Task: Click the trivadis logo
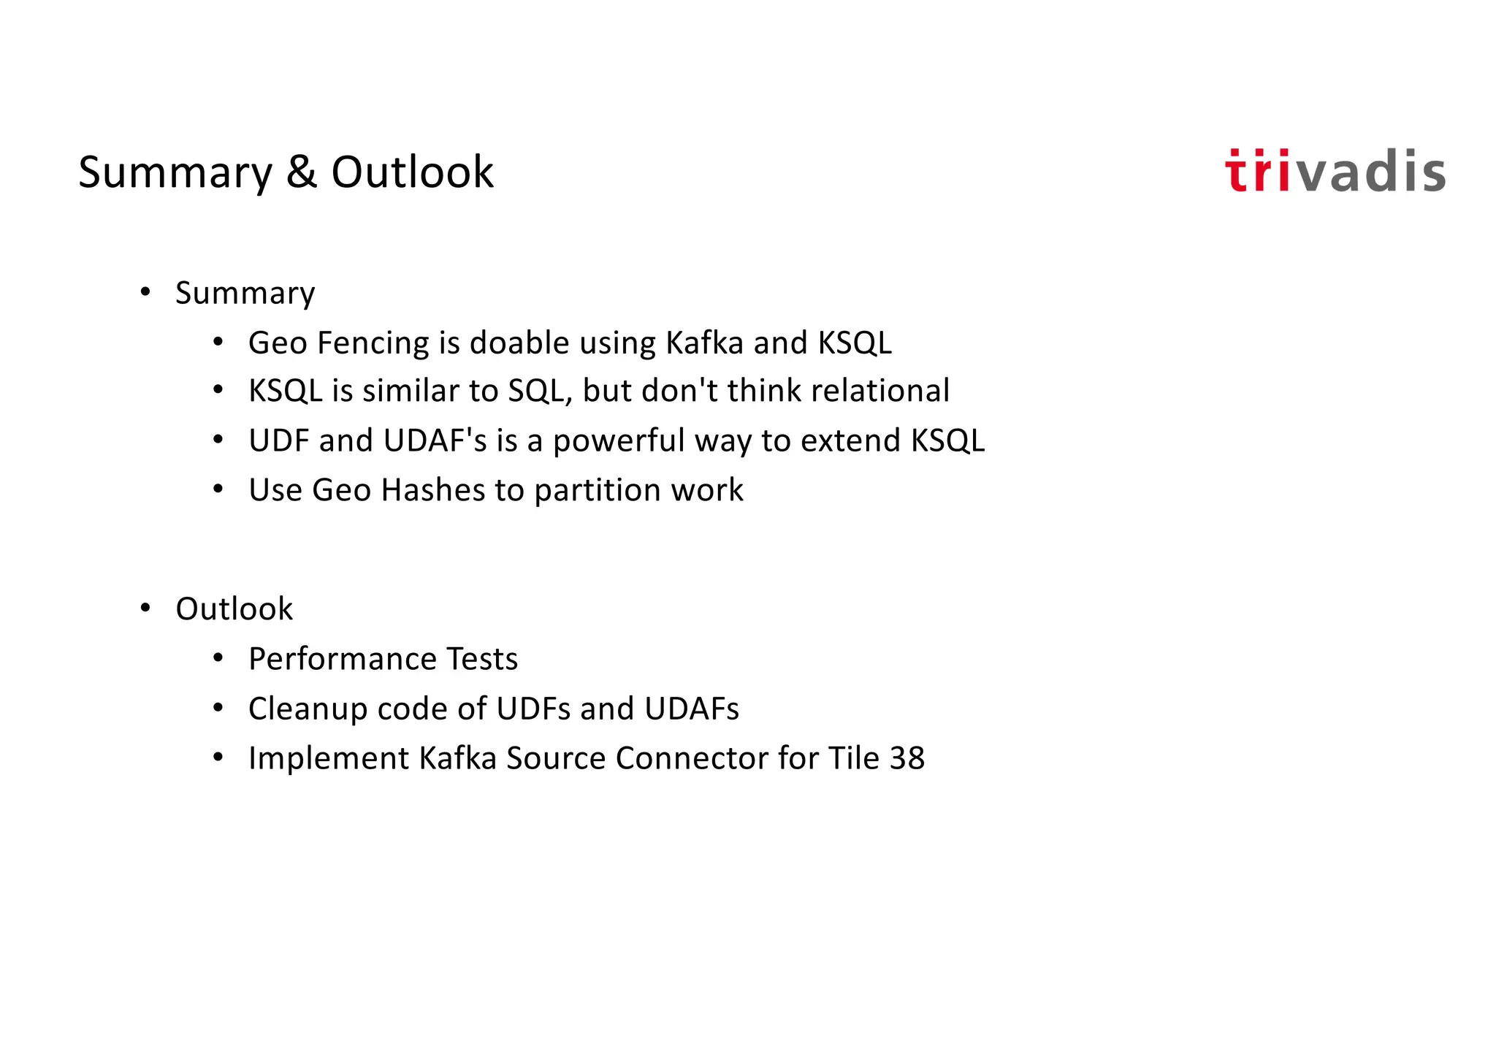click(x=1335, y=172)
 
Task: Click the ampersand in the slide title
click(x=302, y=172)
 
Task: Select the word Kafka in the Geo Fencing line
click(x=704, y=343)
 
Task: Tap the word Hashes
click(x=432, y=490)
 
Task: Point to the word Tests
click(x=482, y=659)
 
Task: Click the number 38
click(x=907, y=758)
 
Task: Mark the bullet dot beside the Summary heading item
click(x=145, y=293)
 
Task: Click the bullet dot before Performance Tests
click(x=218, y=659)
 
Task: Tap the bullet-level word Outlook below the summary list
click(x=234, y=609)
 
